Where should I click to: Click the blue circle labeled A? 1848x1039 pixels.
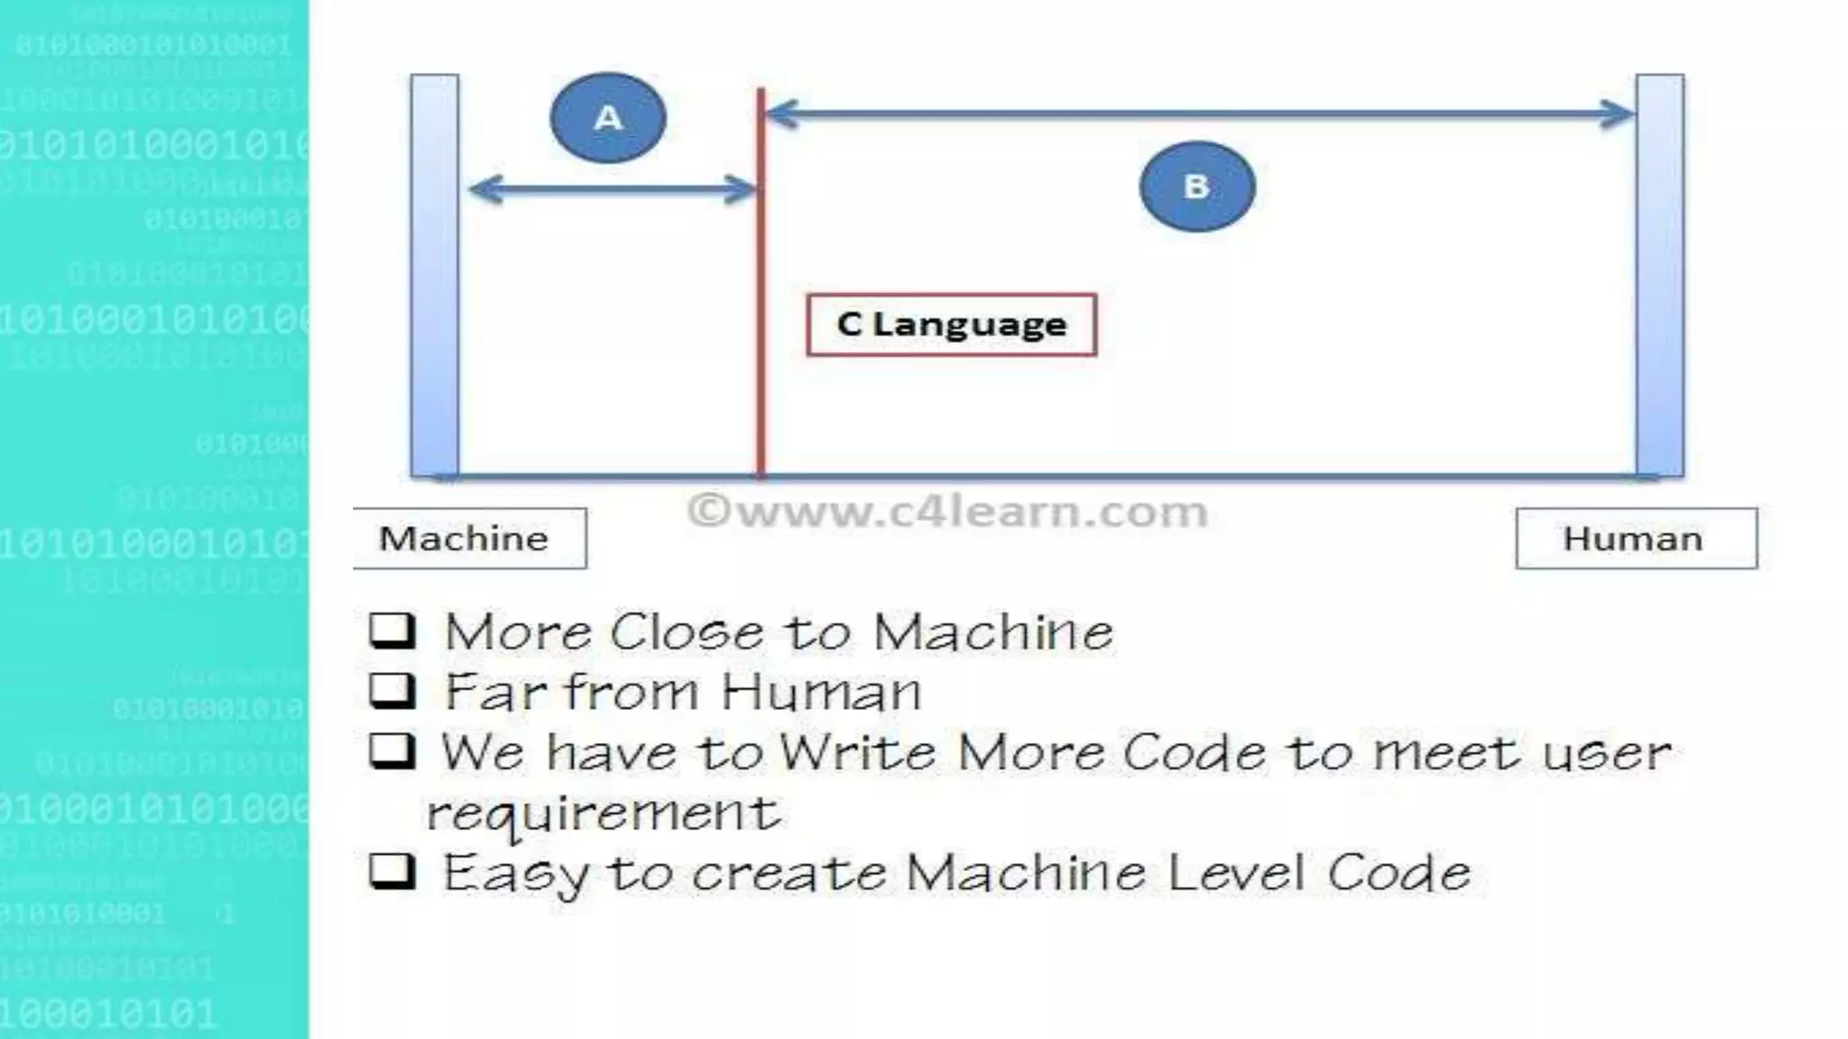608,118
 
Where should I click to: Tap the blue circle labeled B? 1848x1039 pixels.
1197,187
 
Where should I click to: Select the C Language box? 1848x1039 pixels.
951,325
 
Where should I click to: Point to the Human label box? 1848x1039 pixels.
1635,538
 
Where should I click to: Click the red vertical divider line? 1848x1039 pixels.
761,397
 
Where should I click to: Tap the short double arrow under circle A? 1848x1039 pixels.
613,189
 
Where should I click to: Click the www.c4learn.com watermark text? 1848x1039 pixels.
947,511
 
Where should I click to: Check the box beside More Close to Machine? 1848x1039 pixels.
393,630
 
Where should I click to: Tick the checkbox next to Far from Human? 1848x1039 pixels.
393,691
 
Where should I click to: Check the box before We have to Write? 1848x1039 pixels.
393,751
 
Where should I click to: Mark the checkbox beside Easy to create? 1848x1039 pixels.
393,872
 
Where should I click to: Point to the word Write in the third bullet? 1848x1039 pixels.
857,751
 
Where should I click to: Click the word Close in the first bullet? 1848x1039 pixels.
687,631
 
